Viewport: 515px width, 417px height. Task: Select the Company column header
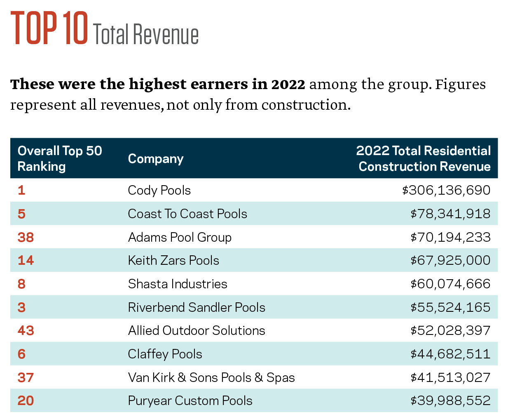[155, 159]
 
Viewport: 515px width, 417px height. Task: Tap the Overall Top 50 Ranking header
[60, 158]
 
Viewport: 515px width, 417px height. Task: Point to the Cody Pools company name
[159, 190]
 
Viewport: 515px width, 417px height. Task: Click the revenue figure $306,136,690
[446, 190]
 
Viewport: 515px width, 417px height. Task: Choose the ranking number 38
[26, 237]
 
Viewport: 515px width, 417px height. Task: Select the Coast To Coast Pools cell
[187, 214]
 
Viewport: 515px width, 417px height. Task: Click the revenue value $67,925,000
[450, 260]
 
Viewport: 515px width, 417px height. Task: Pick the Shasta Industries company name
[178, 284]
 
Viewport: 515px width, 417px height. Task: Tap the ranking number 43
[26, 330]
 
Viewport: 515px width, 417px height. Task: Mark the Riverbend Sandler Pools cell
[197, 307]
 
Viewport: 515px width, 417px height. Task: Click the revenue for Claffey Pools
[450, 354]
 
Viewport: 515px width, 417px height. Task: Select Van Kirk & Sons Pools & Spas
[211, 377]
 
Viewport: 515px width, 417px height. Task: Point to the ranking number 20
[26, 401]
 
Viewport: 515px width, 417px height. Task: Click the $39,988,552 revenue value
[450, 401]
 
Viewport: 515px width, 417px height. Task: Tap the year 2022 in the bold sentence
[288, 84]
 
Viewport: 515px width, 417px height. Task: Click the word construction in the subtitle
[305, 105]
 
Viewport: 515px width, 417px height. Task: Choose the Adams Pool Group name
[180, 237]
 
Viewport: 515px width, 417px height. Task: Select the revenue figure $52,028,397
[450, 330]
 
